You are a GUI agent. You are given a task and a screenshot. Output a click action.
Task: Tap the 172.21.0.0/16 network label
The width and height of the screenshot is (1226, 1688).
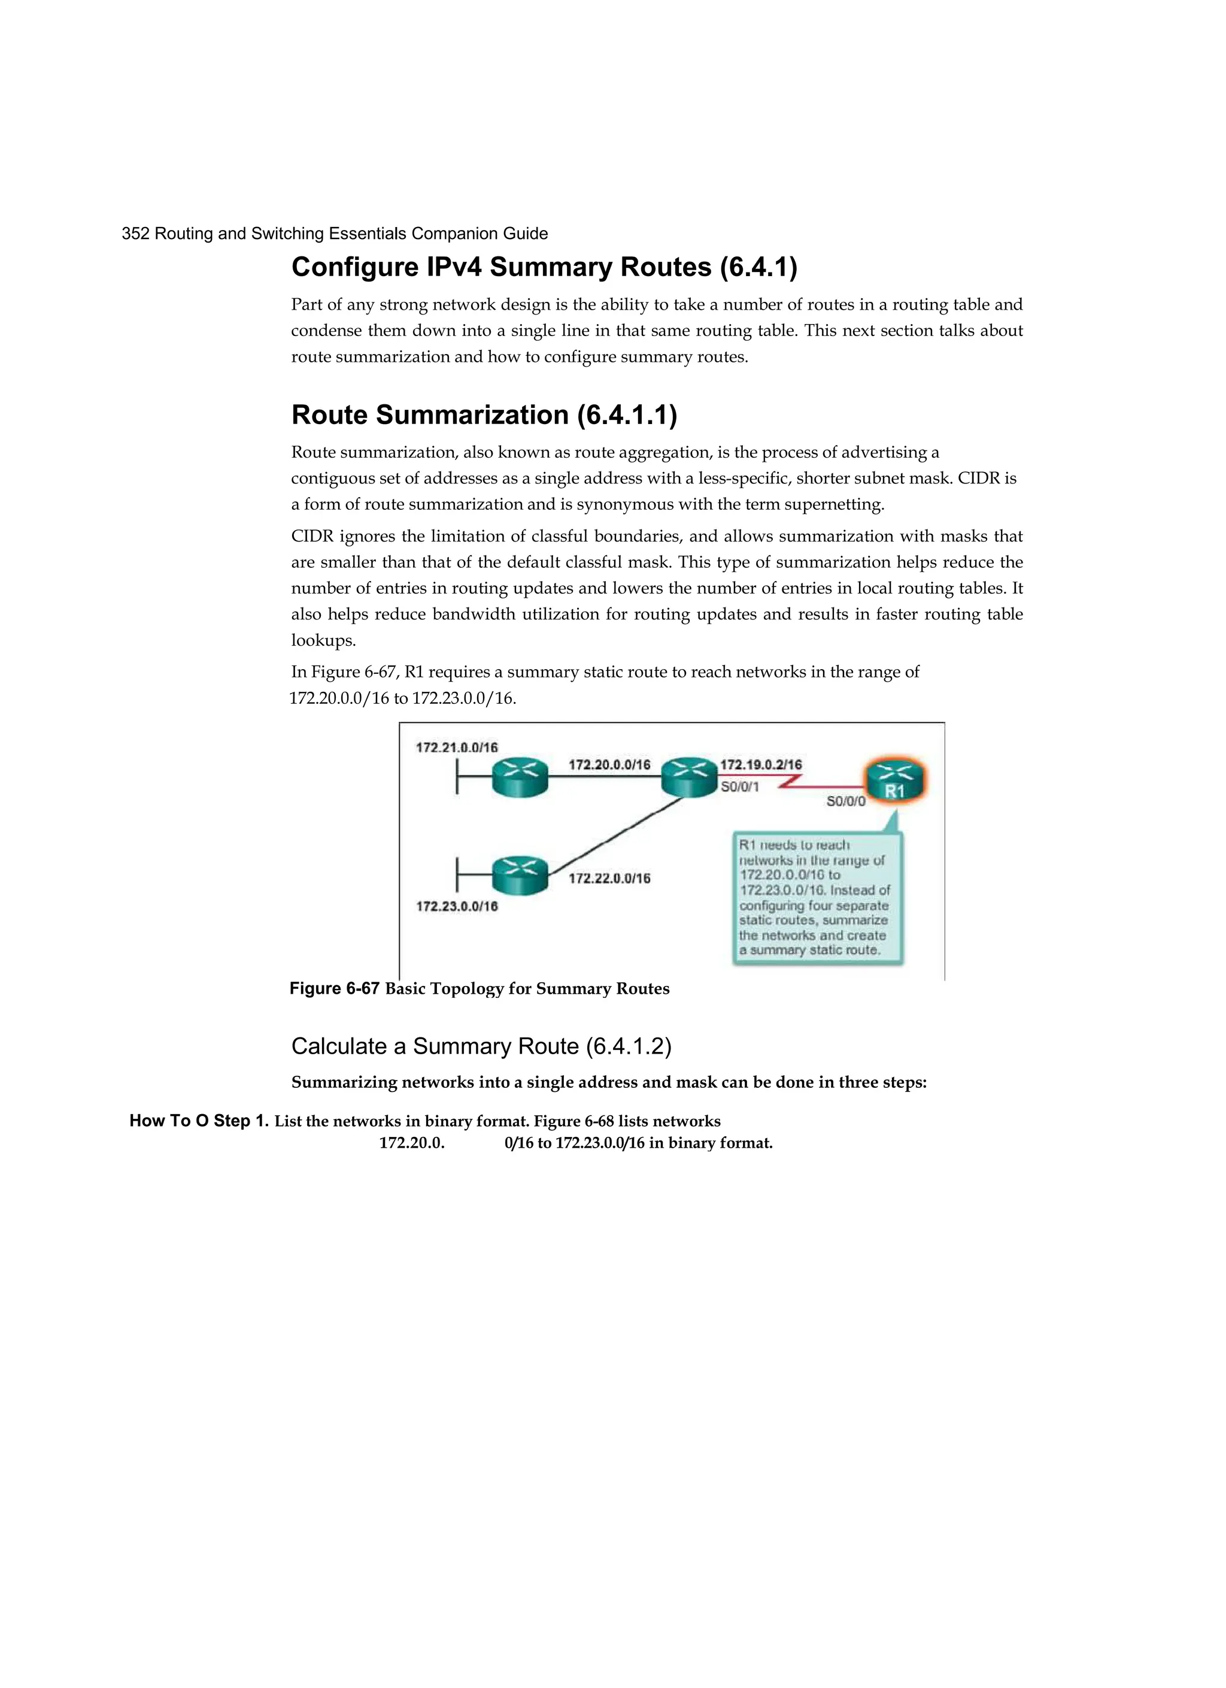click(x=456, y=747)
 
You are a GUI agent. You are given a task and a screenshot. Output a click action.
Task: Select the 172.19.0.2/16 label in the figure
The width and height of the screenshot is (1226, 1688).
click(x=761, y=764)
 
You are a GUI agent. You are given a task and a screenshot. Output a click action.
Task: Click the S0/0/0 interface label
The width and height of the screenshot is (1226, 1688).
click(x=846, y=801)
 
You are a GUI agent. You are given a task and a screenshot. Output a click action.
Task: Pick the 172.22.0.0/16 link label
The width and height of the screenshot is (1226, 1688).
click(x=609, y=878)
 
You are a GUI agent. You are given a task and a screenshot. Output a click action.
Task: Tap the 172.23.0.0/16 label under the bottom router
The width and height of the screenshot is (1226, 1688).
click(x=457, y=906)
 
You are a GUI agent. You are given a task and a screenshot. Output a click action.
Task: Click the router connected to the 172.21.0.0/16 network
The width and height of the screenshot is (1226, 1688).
click(x=519, y=778)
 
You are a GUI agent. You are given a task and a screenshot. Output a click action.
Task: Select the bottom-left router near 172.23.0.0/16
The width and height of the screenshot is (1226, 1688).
click(x=519, y=875)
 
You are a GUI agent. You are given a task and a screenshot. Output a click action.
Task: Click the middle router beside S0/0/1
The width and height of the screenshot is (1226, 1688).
click(x=689, y=777)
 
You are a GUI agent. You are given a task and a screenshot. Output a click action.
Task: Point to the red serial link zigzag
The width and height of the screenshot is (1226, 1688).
click(x=791, y=782)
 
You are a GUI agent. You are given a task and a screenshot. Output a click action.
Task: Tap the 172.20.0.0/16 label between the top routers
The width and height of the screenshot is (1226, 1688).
click(x=609, y=764)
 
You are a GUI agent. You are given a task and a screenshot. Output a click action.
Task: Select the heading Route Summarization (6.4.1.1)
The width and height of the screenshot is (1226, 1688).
click(x=484, y=415)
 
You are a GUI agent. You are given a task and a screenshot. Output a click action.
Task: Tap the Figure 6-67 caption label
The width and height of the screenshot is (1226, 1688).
click(x=334, y=988)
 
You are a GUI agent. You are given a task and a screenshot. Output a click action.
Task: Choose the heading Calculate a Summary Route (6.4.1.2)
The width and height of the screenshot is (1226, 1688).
click(x=481, y=1046)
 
